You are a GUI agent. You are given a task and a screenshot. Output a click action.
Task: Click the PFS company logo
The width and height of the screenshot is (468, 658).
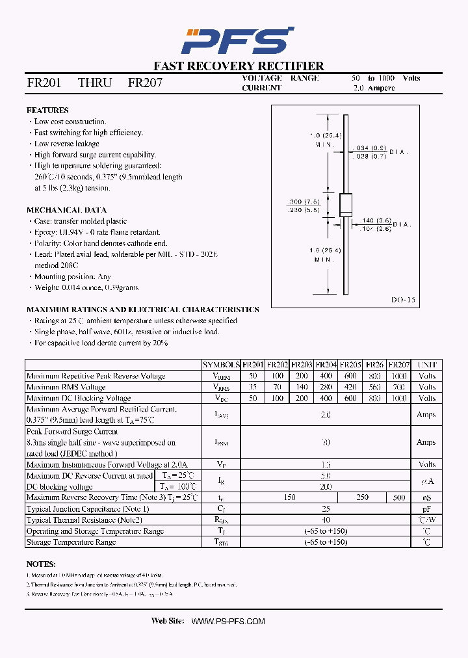[x=237, y=41]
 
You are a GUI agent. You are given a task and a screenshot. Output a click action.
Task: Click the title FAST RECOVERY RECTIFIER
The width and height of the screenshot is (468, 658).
[x=239, y=66]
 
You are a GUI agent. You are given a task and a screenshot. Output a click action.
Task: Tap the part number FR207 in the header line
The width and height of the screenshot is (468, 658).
[x=145, y=83]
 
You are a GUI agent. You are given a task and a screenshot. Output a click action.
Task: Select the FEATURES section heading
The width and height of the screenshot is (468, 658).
[x=47, y=111]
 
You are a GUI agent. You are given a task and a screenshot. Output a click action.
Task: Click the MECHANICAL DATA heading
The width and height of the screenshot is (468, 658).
[x=66, y=210]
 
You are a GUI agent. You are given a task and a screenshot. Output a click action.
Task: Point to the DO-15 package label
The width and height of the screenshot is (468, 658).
[x=403, y=300]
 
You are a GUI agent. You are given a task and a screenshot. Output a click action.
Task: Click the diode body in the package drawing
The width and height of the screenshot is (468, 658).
[x=346, y=205]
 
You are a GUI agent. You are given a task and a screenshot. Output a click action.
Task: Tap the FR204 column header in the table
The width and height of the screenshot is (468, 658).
[x=327, y=365]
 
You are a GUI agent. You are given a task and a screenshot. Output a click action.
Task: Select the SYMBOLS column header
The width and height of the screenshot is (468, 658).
[x=221, y=365]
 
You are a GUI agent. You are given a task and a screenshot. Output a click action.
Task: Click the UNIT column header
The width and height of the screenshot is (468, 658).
[x=427, y=365]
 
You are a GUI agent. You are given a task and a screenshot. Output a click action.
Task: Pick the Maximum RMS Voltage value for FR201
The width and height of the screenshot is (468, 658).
[x=253, y=387]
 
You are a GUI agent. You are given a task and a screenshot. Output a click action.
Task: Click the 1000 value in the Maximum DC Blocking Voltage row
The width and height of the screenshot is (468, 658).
[x=399, y=398]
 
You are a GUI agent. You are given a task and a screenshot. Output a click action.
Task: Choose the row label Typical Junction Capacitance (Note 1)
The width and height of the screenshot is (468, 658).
[x=88, y=509]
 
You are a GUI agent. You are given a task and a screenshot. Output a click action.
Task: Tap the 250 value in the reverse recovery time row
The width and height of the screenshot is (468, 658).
[x=362, y=497]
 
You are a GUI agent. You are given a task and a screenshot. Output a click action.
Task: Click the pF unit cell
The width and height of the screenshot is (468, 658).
[x=426, y=509]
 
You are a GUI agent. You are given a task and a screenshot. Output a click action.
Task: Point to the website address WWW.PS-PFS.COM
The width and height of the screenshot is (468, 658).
[x=228, y=622]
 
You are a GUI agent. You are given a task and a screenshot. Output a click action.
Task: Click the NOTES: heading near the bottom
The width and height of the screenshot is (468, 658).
[x=41, y=564]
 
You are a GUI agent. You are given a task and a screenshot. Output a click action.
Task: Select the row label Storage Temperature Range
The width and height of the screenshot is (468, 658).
[x=71, y=542]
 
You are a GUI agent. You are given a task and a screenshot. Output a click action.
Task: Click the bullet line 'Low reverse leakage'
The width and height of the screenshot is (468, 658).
[x=67, y=144]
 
